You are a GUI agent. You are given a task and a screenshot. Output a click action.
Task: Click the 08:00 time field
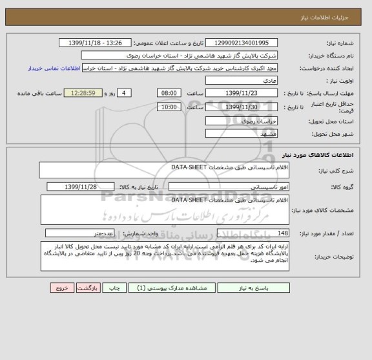pyautogui.click(x=169, y=93)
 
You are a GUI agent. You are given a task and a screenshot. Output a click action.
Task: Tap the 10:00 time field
pyautogui.click(x=169, y=107)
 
